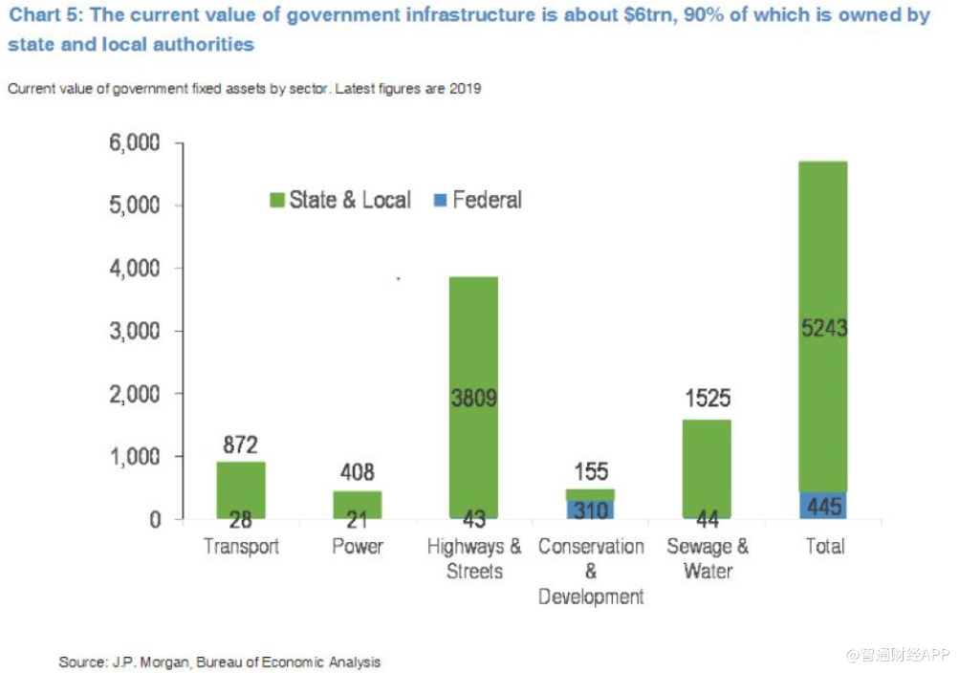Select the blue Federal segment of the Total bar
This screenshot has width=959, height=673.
[x=823, y=506]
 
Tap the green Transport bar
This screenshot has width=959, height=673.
[x=241, y=488]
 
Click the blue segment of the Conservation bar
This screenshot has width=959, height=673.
[x=590, y=510]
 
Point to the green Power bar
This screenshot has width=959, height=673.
[x=357, y=503]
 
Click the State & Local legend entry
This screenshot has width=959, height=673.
[x=339, y=200]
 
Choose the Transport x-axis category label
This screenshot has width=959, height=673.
[x=241, y=547]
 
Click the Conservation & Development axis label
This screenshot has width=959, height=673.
[x=591, y=572]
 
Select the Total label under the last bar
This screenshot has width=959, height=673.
[x=824, y=547]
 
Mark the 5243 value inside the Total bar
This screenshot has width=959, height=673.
[x=823, y=329]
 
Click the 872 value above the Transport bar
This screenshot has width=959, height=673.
[x=241, y=445]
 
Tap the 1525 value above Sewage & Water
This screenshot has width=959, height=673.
[x=708, y=398]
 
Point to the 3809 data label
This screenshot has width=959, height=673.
[x=473, y=398]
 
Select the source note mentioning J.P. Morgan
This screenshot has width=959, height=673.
[x=219, y=662]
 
